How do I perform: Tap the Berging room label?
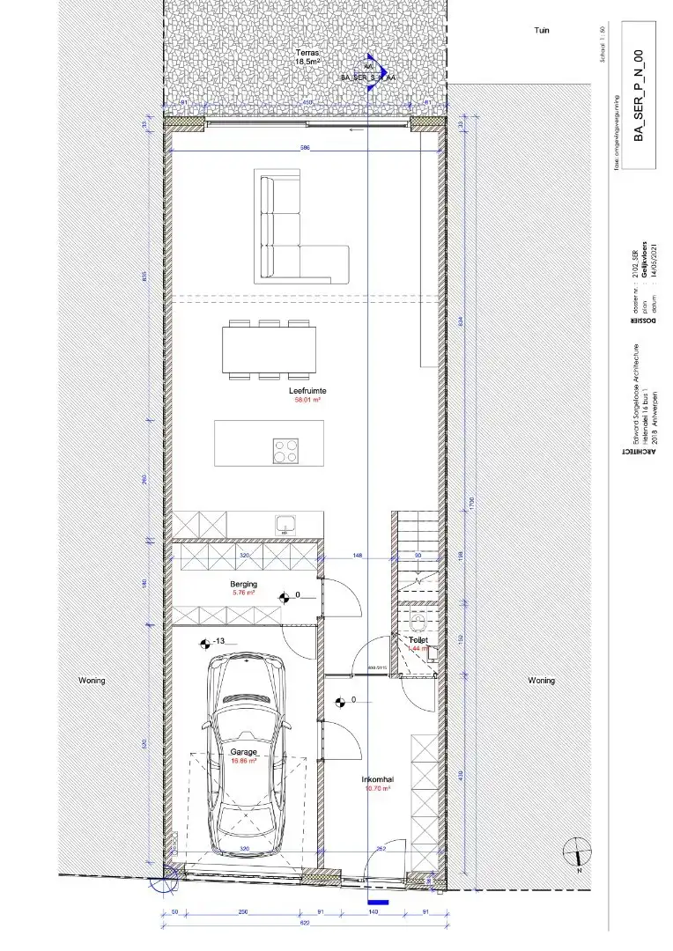coord(244,584)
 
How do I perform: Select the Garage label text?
coord(243,752)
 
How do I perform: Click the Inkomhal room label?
coord(376,779)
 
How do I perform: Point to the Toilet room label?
coord(418,640)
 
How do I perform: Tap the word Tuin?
coord(542,30)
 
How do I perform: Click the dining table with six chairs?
coord(270,350)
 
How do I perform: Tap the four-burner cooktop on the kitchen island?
coord(285,450)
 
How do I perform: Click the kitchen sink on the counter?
coord(285,525)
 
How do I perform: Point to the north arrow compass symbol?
coord(577,851)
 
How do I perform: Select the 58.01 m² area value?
coord(307,399)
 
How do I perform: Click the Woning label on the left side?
coord(92,681)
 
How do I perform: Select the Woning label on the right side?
coord(541,681)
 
